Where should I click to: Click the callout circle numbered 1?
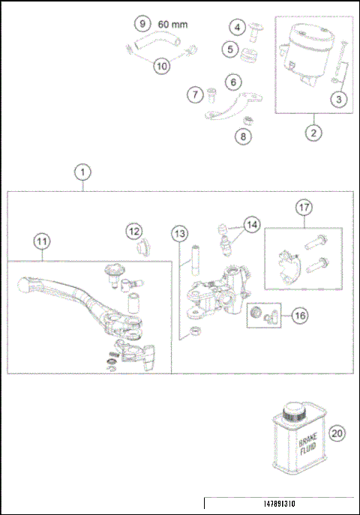(82, 172)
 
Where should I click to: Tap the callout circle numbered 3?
(340, 98)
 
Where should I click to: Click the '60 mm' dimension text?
(172, 25)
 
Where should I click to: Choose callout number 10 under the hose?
(162, 65)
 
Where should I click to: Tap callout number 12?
(133, 232)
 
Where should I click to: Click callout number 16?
(299, 316)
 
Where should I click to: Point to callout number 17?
(303, 206)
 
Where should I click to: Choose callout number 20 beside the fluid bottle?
(337, 433)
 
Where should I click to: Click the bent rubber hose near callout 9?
(159, 46)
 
